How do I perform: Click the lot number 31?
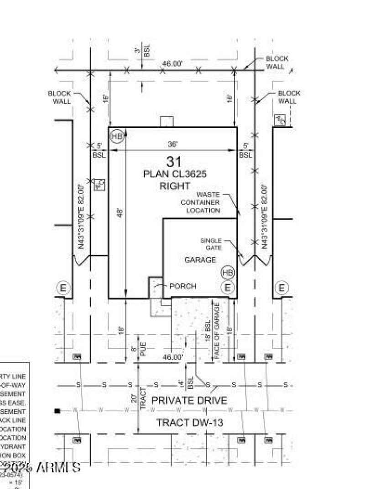click(174, 161)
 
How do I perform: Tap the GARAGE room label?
click(200, 260)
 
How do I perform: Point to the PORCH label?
click(182, 286)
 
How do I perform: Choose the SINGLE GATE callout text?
click(211, 244)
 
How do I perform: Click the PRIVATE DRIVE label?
click(189, 401)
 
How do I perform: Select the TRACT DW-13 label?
click(190, 423)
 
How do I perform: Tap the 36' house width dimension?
click(172, 144)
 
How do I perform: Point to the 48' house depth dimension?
click(120, 213)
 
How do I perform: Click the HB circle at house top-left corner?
click(117, 136)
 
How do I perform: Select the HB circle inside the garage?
click(228, 273)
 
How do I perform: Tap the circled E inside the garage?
click(228, 288)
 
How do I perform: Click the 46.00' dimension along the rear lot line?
click(172, 64)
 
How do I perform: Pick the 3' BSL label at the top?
click(146, 50)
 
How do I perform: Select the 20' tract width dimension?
click(133, 398)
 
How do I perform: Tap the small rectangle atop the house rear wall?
click(167, 122)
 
